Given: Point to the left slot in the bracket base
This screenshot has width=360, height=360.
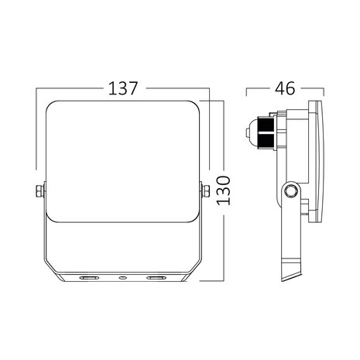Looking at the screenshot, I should click(87, 276).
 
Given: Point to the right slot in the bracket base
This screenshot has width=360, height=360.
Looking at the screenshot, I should click(157, 276).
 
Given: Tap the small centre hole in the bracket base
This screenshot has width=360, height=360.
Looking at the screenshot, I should click(122, 276).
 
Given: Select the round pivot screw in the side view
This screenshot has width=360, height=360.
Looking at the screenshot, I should click(290, 191).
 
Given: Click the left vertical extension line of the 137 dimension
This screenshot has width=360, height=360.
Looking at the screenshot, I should click(36, 132).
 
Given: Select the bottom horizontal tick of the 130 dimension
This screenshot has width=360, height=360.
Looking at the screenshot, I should click(221, 281).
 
